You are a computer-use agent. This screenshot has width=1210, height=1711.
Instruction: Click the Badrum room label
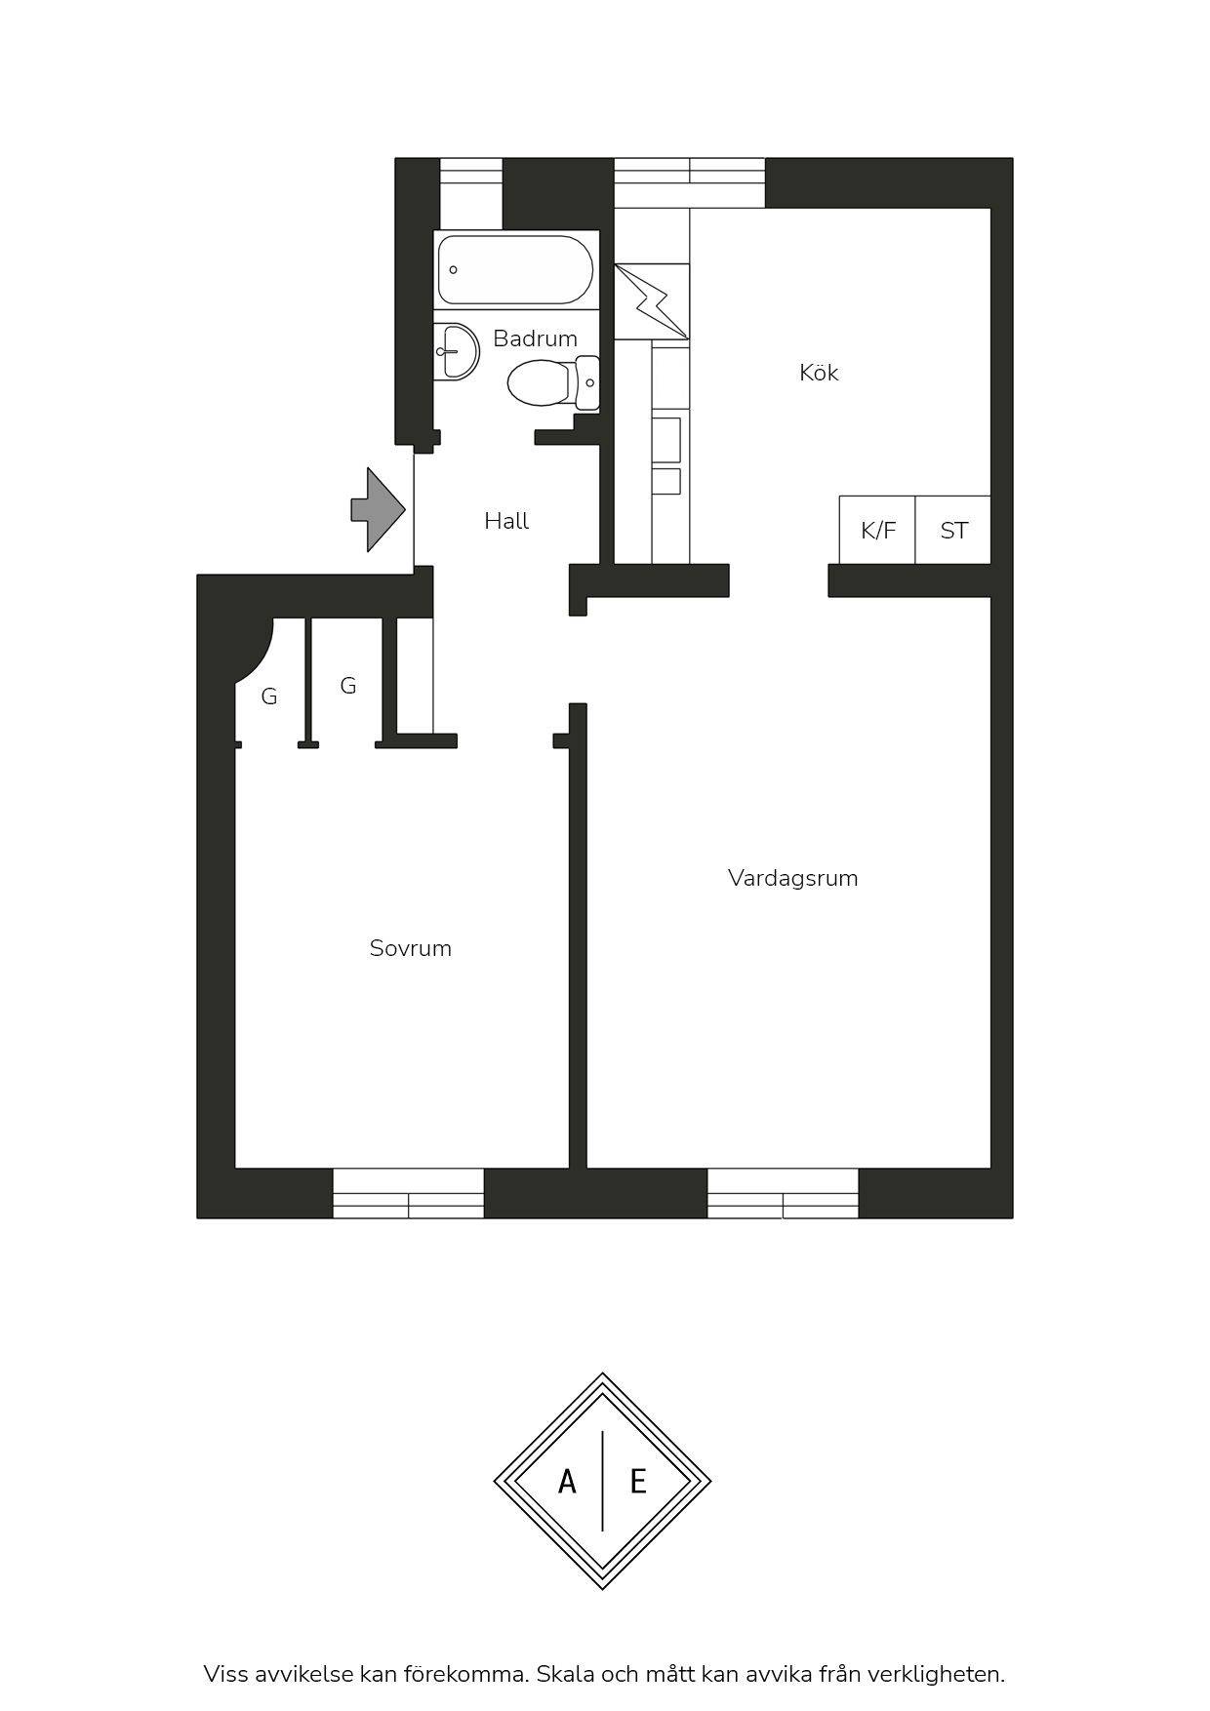pyautogui.click(x=535, y=338)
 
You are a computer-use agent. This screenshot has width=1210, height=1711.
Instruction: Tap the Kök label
pyautogui.click(x=819, y=372)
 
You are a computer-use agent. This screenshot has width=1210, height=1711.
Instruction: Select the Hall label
pyautogui.click(x=506, y=521)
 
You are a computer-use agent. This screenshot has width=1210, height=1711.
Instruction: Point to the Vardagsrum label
pyautogui.click(x=792, y=878)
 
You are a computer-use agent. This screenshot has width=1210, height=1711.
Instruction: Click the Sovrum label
pyautogui.click(x=410, y=948)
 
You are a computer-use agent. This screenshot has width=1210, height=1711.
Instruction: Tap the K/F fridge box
pyautogui.click(x=877, y=530)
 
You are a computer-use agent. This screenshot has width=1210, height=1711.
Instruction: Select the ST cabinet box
pyautogui.click(x=953, y=530)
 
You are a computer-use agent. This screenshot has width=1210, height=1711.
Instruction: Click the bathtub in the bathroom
pyautogui.click(x=515, y=269)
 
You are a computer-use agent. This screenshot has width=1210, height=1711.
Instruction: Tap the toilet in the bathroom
pyautogui.click(x=553, y=382)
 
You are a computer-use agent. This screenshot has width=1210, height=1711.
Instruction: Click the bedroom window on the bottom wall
pyautogui.click(x=409, y=1193)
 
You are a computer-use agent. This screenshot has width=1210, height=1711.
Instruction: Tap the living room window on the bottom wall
pyautogui.click(x=783, y=1193)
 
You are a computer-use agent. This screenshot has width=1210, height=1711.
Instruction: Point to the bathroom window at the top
pyautogui.click(x=470, y=182)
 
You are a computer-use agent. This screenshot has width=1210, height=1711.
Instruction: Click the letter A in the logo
pyautogui.click(x=567, y=1483)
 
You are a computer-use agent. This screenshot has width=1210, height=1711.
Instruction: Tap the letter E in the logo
pyautogui.click(x=638, y=1483)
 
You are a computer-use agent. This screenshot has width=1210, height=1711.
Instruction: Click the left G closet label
pyautogui.click(x=269, y=696)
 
